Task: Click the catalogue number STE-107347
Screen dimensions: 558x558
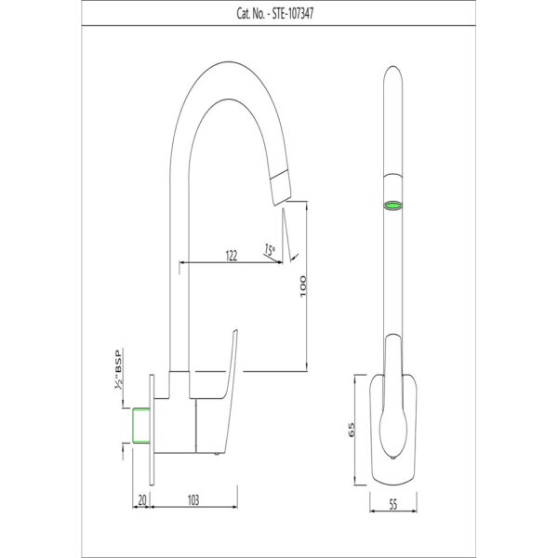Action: [293, 14]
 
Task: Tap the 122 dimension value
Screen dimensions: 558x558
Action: [232, 256]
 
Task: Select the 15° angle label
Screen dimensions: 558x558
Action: [270, 249]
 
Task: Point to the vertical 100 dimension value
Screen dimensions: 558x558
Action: [302, 286]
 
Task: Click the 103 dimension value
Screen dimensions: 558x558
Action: [193, 500]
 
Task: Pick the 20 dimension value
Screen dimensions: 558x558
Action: [142, 500]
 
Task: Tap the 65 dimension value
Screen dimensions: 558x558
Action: [352, 430]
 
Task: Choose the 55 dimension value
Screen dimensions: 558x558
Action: [392, 504]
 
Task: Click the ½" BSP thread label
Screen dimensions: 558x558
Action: [118, 369]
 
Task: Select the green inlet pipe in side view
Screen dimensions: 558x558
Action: [141, 426]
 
